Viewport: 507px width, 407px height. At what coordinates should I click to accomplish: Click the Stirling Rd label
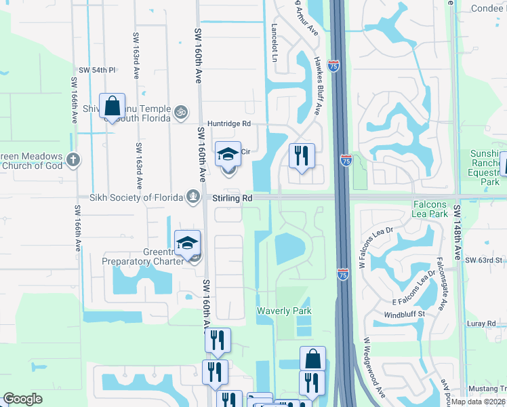click(x=232, y=197)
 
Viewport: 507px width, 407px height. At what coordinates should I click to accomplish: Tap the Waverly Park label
click(x=283, y=311)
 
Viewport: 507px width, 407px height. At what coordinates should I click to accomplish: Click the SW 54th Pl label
click(x=98, y=70)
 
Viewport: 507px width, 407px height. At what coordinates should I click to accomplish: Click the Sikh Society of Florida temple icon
click(x=193, y=197)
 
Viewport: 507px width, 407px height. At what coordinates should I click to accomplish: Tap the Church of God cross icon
click(x=74, y=161)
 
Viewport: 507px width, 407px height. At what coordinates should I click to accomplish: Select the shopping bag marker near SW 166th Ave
click(x=112, y=106)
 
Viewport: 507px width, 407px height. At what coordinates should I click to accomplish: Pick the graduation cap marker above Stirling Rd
click(x=228, y=154)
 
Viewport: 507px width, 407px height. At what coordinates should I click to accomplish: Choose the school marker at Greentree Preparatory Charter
click(x=188, y=244)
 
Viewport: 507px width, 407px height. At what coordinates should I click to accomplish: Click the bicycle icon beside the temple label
click(x=180, y=111)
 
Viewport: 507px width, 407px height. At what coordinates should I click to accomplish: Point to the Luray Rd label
click(x=476, y=324)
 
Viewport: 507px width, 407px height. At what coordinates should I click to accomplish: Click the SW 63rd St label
click(x=489, y=260)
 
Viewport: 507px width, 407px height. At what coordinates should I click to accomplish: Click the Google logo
click(x=22, y=399)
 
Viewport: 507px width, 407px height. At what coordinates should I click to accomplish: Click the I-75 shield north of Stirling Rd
click(x=346, y=160)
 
